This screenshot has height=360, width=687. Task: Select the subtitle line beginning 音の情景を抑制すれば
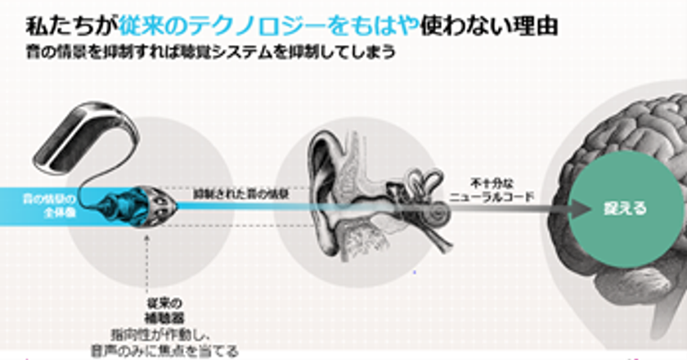coord(211,52)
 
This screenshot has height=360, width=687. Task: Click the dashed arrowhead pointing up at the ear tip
coord(145,237)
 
